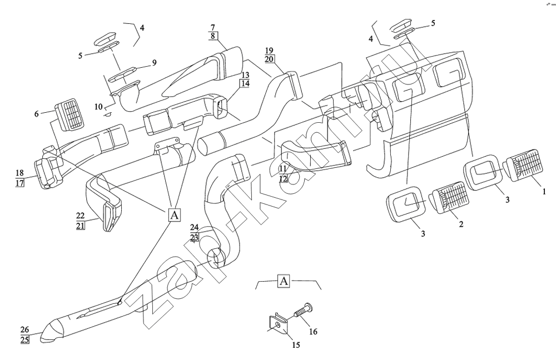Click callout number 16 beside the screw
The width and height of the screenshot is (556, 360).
pyautogui.click(x=313, y=332)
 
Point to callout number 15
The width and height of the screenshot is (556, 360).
pyautogui.click(x=296, y=345)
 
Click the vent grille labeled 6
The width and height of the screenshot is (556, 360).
pyautogui.click(x=69, y=116)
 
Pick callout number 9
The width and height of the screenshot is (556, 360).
pyautogui.click(x=154, y=63)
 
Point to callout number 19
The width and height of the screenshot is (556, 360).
pyautogui.click(x=269, y=49)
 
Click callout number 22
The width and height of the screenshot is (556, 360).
pyautogui.click(x=80, y=215)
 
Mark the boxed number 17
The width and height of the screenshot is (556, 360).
pyautogui.click(x=20, y=183)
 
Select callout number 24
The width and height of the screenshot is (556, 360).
pyautogui.click(x=194, y=228)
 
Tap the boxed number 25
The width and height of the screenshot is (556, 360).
pyautogui.click(x=25, y=339)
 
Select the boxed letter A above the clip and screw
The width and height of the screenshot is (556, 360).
pyautogui.click(x=284, y=280)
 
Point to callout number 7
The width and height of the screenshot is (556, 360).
pyautogui.click(x=212, y=27)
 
